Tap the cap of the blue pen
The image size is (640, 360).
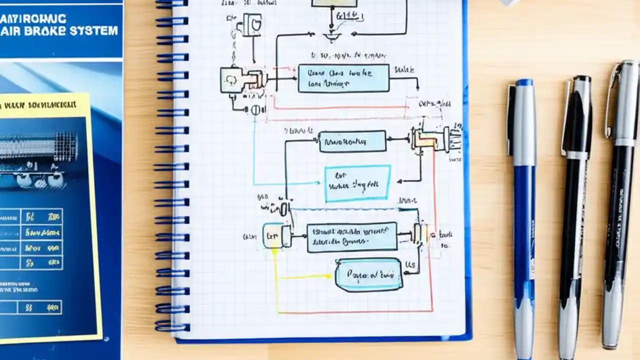pos(521,120)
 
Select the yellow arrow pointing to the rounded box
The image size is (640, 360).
pos(305,276)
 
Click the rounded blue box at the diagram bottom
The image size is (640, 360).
pos(369,274)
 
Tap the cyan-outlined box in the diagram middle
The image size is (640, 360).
pos(357,184)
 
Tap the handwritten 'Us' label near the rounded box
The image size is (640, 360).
pos(410,264)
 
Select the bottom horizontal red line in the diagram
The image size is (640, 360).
pos(355,311)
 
